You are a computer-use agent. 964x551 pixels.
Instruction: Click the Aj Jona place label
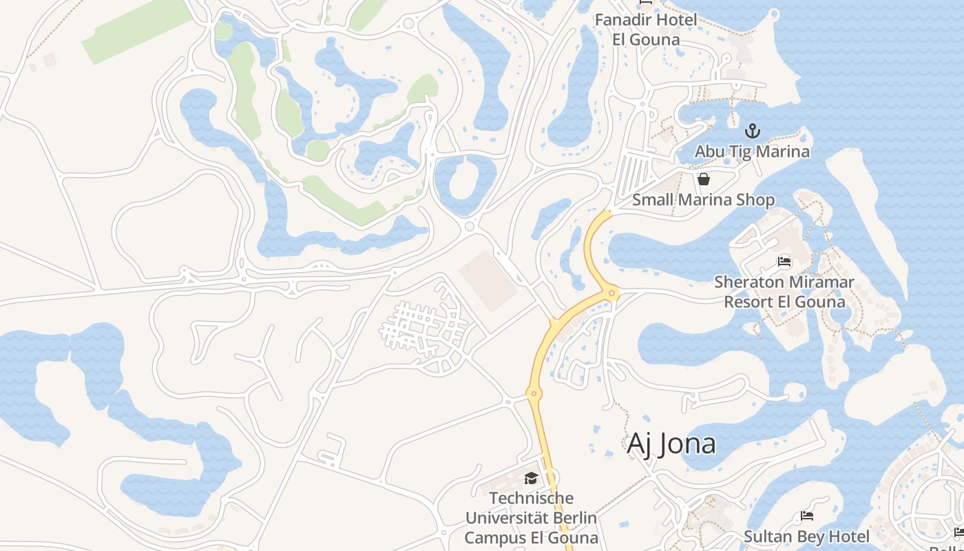(x=671, y=444)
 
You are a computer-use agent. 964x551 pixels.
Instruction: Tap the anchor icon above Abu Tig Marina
(x=753, y=130)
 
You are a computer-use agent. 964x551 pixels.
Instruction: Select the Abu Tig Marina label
(x=752, y=151)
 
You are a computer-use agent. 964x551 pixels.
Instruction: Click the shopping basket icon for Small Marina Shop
(x=704, y=180)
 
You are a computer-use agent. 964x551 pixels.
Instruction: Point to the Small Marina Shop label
(x=703, y=200)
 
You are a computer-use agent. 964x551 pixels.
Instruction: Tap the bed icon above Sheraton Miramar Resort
(x=784, y=262)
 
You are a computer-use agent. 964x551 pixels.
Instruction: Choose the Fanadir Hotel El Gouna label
(x=646, y=29)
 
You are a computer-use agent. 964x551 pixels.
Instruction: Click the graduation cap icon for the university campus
(x=531, y=478)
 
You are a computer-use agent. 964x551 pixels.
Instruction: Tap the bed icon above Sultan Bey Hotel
(x=807, y=516)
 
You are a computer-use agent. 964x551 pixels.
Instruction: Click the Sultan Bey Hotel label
(x=806, y=536)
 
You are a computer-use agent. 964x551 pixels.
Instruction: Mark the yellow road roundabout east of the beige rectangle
(x=611, y=294)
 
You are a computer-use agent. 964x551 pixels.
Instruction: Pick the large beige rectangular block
(x=488, y=280)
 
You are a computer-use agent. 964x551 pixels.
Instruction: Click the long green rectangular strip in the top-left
(x=137, y=30)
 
